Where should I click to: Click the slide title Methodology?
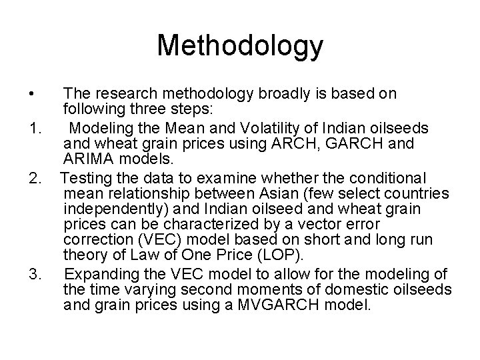[240, 46]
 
